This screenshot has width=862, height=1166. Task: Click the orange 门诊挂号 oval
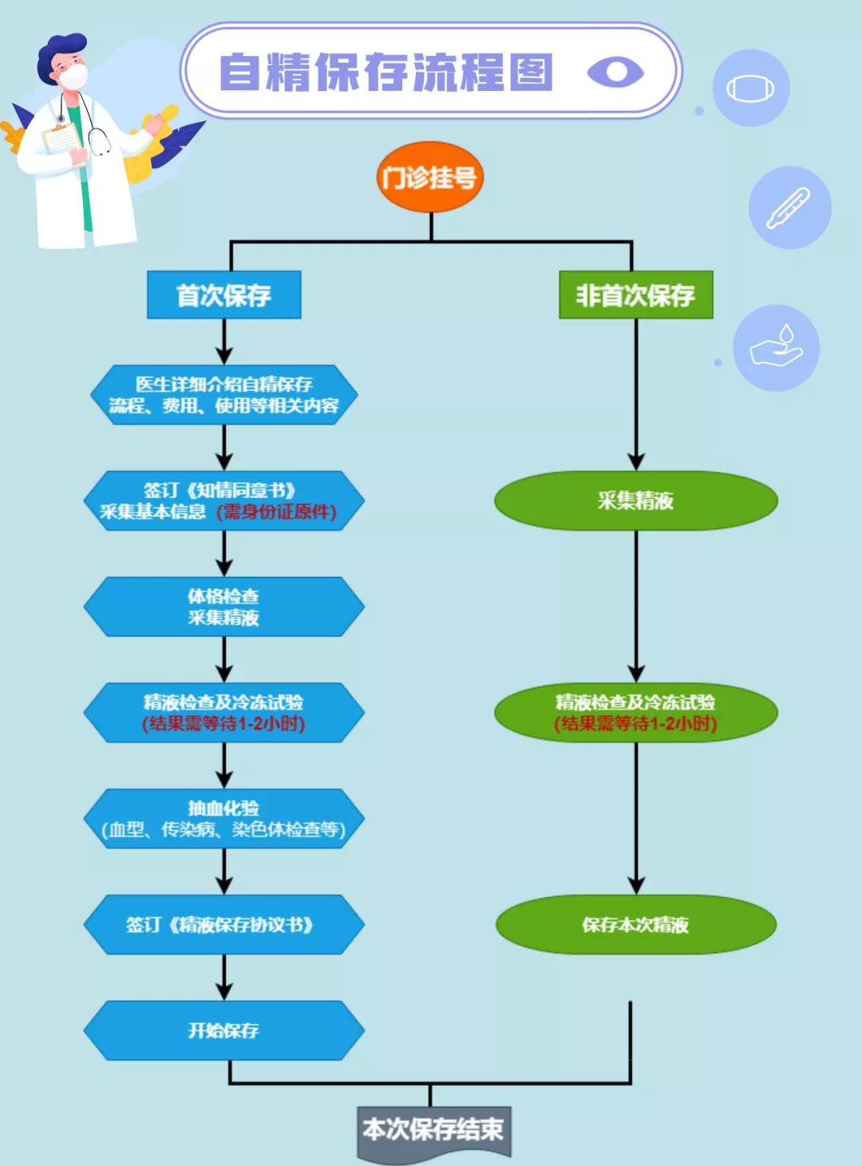tap(429, 177)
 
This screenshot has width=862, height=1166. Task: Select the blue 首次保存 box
tap(224, 295)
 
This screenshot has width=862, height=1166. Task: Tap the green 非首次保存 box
tap(636, 295)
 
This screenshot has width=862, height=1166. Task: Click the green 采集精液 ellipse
tap(636, 500)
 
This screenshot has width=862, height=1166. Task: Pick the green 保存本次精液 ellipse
tap(636, 925)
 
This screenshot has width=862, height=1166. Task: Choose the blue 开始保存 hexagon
tap(224, 1030)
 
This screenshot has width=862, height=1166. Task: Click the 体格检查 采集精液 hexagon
tap(224, 607)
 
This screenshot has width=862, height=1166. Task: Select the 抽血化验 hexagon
tap(224, 819)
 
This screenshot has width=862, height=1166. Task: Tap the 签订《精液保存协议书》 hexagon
tap(224, 925)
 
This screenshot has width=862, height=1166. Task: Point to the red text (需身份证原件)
tap(277, 512)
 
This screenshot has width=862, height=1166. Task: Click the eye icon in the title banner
tap(615, 72)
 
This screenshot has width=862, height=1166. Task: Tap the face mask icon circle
tap(751, 88)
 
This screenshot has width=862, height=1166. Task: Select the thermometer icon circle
tap(790, 208)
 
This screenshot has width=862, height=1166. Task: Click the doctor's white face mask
tap(73, 77)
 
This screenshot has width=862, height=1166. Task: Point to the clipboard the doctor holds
tap(64, 142)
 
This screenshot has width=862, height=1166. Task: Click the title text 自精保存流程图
tap(386, 72)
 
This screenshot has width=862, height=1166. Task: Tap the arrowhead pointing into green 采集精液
tap(636, 463)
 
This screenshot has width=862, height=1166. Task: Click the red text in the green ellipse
tap(636, 724)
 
